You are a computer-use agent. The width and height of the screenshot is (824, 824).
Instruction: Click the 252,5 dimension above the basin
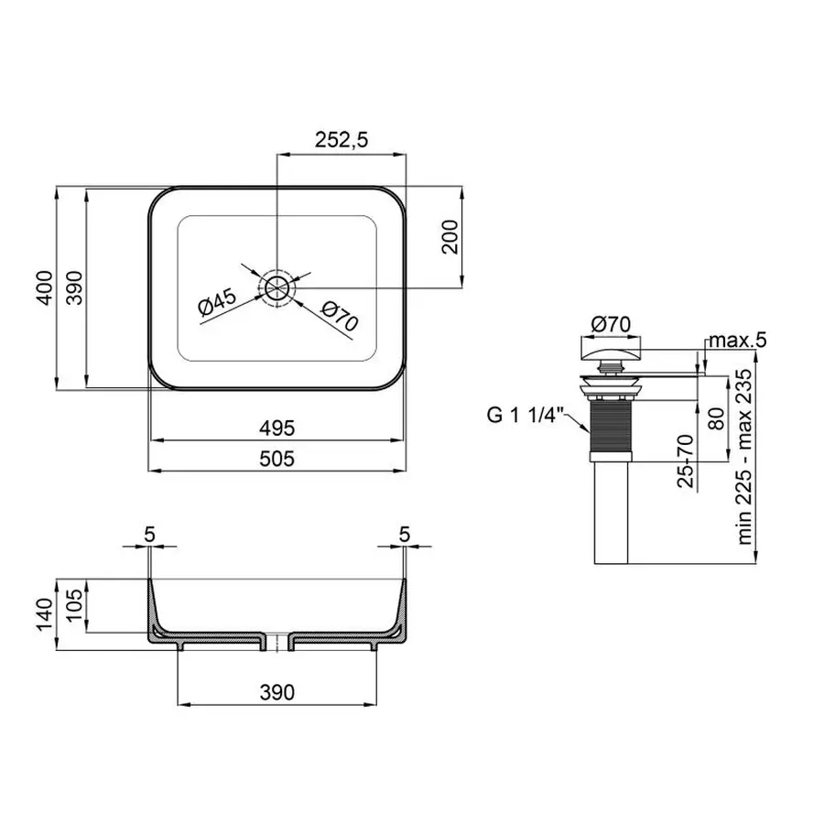pyautogui.click(x=341, y=140)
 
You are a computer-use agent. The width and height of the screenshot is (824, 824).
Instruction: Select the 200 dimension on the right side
pyautogui.click(x=448, y=239)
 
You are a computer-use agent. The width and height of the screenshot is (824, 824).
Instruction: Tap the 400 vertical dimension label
pyautogui.click(x=42, y=289)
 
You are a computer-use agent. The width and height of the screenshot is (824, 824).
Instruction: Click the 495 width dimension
pyautogui.click(x=276, y=427)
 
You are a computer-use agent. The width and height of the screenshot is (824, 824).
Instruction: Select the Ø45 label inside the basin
pyautogui.click(x=218, y=303)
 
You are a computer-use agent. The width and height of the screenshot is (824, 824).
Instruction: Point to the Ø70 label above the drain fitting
pyautogui.click(x=611, y=322)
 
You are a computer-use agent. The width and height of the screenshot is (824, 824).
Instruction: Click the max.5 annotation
pyautogui.click(x=735, y=341)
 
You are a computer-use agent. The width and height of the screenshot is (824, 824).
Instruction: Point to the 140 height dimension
pyautogui.click(x=42, y=614)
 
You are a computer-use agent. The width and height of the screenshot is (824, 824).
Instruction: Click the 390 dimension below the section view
pyautogui.click(x=276, y=692)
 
